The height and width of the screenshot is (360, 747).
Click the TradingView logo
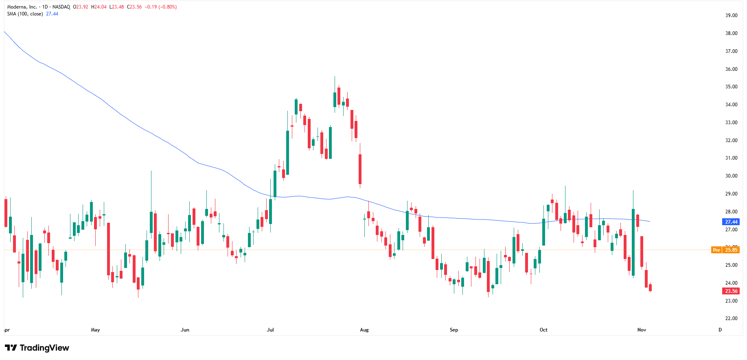[x=37, y=348]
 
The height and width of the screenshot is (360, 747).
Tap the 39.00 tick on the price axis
[x=731, y=15]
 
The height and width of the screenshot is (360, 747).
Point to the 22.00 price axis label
[x=731, y=318]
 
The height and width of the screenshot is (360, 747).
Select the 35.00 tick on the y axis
[x=731, y=87]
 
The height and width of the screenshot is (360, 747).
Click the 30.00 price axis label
[x=731, y=176]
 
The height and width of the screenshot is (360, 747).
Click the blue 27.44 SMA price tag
[x=731, y=222]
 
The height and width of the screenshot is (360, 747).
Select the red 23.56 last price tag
[x=731, y=291]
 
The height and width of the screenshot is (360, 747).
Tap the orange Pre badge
[x=716, y=250]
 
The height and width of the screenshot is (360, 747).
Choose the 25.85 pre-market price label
[x=732, y=250]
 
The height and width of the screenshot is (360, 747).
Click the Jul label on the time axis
[x=270, y=330]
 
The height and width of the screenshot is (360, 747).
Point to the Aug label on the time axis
[x=364, y=330]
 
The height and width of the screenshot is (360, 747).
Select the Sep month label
[x=454, y=330]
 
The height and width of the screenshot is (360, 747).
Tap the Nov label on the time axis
[x=642, y=330]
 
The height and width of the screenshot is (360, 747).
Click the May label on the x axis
[x=95, y=330]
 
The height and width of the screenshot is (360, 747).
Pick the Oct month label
[x=543, y=330]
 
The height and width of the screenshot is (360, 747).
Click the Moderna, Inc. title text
[x=22, y=7]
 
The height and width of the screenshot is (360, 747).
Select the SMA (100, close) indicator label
[x=25, y=14]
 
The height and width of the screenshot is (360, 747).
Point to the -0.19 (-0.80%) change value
[x=161, y=7]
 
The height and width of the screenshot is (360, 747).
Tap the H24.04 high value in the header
[x=99, y=7]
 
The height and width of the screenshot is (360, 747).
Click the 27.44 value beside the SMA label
[x=52, y=14]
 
